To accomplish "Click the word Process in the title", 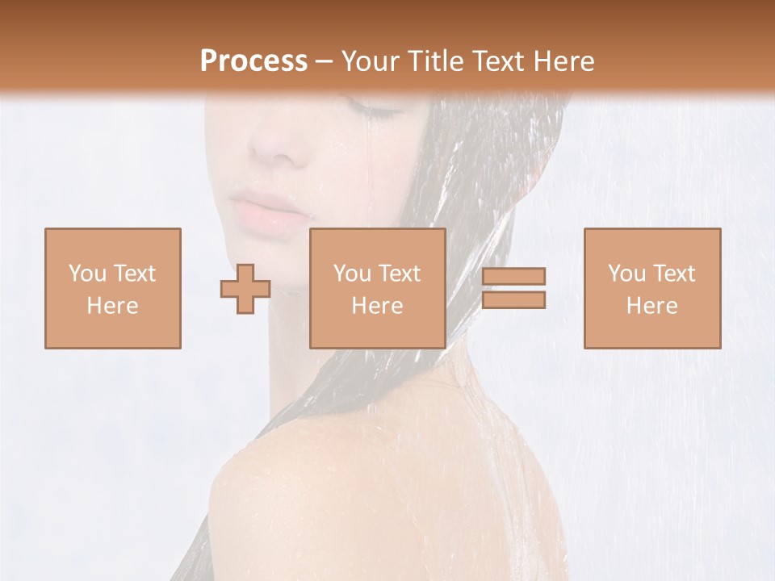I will (x=253, y=61).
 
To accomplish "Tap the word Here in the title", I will (x=561, y=61).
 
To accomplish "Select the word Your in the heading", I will (x=371, y=61).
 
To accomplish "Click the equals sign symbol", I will (x=513, y=288).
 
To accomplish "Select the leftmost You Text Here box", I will (x=113, y=288).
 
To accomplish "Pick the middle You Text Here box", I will (x=378, y=288).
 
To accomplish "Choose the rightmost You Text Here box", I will (x=652, y=288).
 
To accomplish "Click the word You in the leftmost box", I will (x=87, y=274).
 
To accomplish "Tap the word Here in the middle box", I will (x=378, y=306).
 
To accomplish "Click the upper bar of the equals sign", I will (x=513, y=277).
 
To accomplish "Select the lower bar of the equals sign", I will (x=513, y=299).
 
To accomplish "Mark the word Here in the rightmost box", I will (x=652, y=306).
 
